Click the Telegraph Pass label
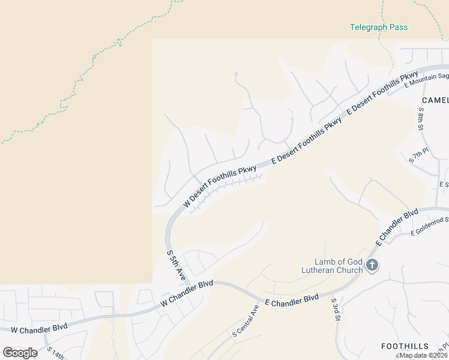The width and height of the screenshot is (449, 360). click(379, 27)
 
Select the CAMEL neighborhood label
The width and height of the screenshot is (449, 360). click(435, 100)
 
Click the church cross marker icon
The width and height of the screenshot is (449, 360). click(372, 265)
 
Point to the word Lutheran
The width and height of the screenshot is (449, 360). click(323, 270)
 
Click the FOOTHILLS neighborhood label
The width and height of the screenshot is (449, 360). click(405, 346)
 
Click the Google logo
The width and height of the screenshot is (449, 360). click(20, 353)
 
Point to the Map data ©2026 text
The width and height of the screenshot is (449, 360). click(422, 355)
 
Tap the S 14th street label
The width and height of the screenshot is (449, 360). click(55, 353)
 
